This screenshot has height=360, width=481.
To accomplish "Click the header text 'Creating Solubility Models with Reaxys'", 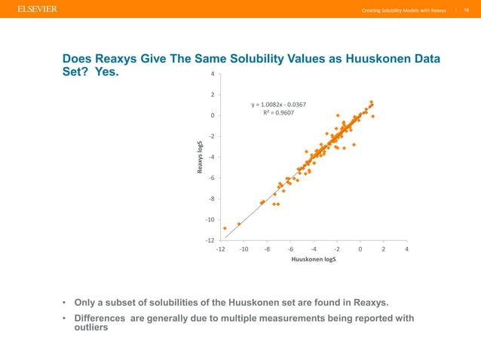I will click(403, 10).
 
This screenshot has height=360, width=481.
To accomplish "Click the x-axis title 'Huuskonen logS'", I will click(313, 259).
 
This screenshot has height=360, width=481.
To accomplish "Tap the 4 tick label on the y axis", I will click(213, 74).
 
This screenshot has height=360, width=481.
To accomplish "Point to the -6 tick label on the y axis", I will click(211, 178).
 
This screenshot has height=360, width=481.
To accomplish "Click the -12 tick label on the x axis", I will click(220, 249).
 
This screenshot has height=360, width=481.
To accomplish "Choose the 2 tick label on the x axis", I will click(383, 249).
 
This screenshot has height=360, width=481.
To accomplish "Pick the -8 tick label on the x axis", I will click(267, 249).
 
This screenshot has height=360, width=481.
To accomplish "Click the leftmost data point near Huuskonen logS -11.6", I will click(225, 228).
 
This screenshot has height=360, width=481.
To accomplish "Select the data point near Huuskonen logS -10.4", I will click(239, 224).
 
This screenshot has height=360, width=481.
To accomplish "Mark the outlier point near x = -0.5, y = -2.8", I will click(354, 145).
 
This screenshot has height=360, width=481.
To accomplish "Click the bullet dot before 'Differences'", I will click(65, 318).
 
